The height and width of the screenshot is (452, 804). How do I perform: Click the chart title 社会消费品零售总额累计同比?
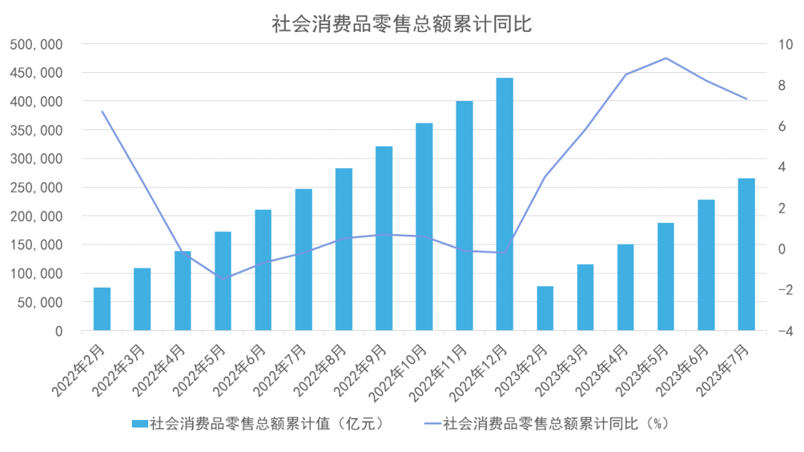[x=401, y=24]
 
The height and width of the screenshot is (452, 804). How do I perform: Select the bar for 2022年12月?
[x=505, y=204]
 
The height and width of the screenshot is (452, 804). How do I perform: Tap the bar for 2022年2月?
[x=102, y=309]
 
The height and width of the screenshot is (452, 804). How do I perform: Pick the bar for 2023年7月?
[x=746, y=254]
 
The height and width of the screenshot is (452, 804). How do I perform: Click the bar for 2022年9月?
[x=384, y=238]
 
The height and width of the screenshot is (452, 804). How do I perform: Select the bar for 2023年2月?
[x=545, y=308]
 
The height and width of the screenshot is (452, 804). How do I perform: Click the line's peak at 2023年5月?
[x=666, y=58]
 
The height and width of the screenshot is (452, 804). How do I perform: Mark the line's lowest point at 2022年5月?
[x=223, y=279]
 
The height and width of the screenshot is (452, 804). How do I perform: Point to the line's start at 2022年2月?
[x=102, y=112]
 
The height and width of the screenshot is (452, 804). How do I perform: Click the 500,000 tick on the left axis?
[x=36, y=45]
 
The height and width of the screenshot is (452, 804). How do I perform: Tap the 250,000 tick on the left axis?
[x=36, y=187]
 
